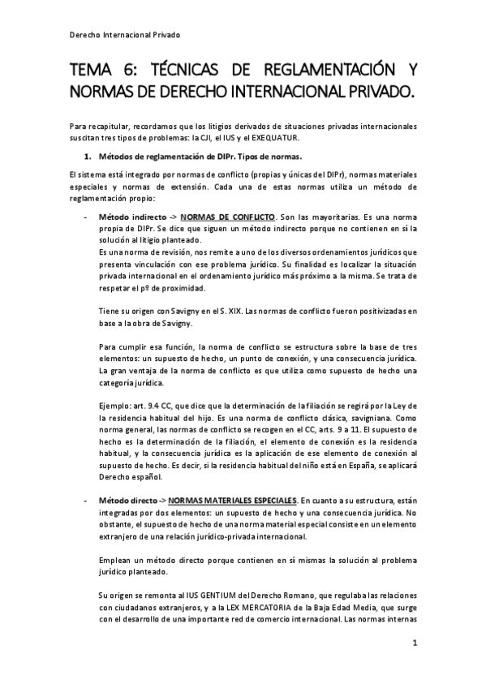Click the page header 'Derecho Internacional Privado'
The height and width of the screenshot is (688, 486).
click(x=123, y=36)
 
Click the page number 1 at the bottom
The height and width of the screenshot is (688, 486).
click(x=415, y=644)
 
